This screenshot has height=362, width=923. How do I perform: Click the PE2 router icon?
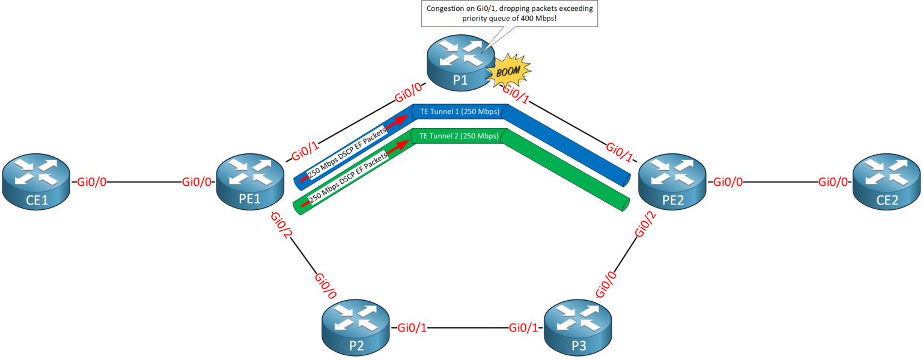click(x=672, y=182)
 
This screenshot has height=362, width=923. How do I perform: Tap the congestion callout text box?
click(x=510, y=13)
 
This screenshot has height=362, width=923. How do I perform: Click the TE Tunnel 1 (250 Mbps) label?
click(x=459, y=112)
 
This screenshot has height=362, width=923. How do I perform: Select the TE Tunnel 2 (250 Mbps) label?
click(x=459, y=136)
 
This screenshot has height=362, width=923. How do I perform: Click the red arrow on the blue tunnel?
click(x=396, y=120)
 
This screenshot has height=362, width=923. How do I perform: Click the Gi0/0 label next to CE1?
click(x=91, y=182)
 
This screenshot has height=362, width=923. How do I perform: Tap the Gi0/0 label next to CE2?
click(x=833, y=182)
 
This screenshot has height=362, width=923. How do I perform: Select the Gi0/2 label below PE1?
click(x=280, y=225)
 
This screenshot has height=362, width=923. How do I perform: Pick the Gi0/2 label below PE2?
click(x=642, y=226)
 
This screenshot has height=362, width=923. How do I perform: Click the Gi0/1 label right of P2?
click(x=412, y=328)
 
